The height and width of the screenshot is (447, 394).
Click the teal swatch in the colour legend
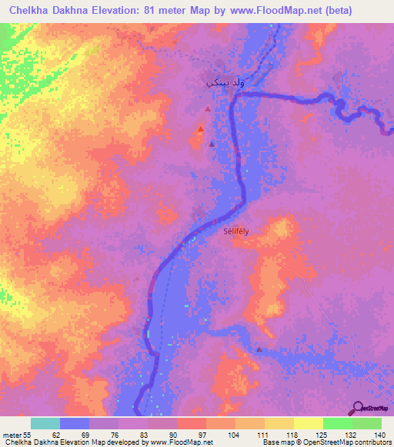tap(45, 424)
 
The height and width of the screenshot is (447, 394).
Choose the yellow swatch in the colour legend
tap(308, 424)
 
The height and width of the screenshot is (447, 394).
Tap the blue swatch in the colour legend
tap(74, 424)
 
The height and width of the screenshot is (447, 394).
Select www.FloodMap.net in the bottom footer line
tap(182, 442)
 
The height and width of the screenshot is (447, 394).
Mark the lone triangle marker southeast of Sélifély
tap(259, 349)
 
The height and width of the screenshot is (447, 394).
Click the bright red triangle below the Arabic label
tap(201, 129)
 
